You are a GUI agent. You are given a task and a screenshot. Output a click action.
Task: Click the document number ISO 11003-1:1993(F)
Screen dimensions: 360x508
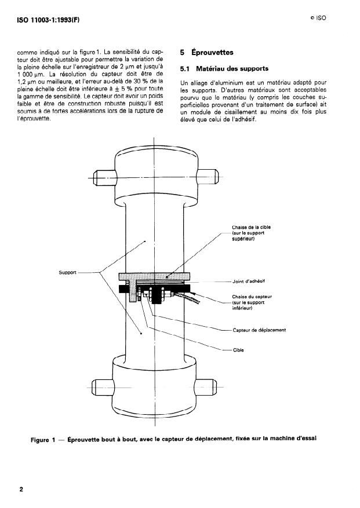click(48, 20)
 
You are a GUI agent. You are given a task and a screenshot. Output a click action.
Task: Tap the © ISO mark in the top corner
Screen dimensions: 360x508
click(318, 18)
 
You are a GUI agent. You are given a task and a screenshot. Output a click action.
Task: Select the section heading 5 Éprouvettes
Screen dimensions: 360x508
click(206, 52)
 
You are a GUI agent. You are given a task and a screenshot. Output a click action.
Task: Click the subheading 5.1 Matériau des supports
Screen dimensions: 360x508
click(224, 69)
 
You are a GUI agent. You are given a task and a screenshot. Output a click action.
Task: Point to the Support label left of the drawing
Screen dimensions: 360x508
click(67, 272)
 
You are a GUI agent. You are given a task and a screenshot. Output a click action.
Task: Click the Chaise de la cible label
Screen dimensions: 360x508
click(251, 233)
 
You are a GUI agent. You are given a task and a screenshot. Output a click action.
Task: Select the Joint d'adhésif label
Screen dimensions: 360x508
click(249, 281)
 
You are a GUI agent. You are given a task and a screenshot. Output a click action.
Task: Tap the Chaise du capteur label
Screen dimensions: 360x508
click(252, 302)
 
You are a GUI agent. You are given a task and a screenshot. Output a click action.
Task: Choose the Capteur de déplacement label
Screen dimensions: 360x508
click(259, 330)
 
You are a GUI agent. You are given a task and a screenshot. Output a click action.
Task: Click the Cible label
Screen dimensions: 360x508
click(238, 350)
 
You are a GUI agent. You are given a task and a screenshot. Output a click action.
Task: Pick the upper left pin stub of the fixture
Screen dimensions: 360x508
click(104, 178)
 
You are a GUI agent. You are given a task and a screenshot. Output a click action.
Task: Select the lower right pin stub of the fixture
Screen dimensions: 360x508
click(205, 386)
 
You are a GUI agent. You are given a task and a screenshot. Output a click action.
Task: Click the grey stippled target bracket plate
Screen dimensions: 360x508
click(154, 276)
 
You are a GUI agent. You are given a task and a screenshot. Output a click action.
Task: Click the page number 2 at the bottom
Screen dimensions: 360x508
click(21, 489)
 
